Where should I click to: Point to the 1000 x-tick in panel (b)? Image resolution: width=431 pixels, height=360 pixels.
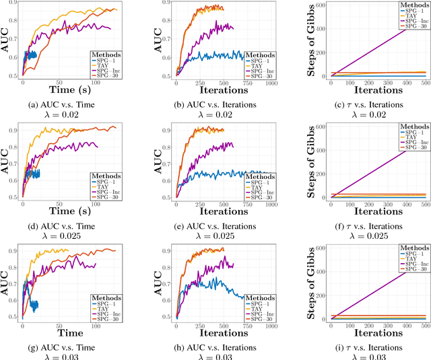[269, 81]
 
